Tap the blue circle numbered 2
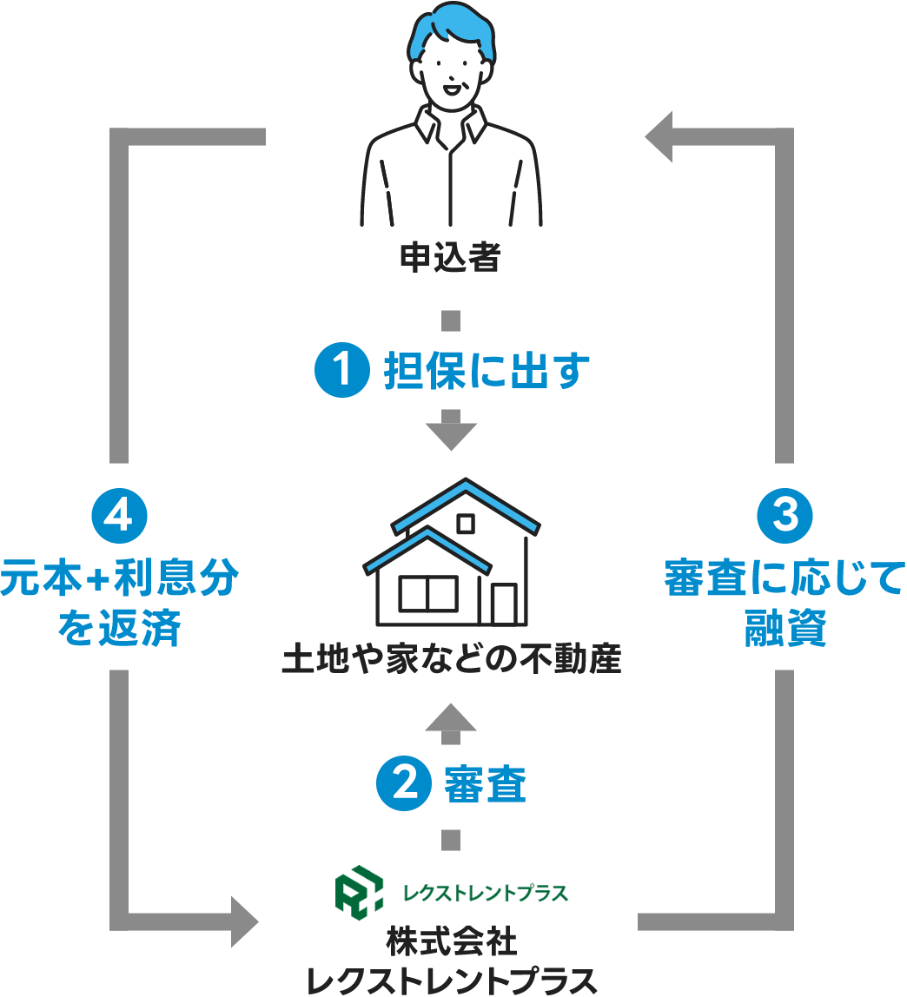(403, 786)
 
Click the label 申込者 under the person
(450, 257)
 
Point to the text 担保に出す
(487, 373)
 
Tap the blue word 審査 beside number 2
(486, 786)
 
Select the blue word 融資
(785, 631)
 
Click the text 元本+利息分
(119, 580)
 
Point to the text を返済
(119, 631)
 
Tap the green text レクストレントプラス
(485, 893)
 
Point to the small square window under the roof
(467, 523)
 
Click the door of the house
(504, 604)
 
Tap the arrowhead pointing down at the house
(451, 432)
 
